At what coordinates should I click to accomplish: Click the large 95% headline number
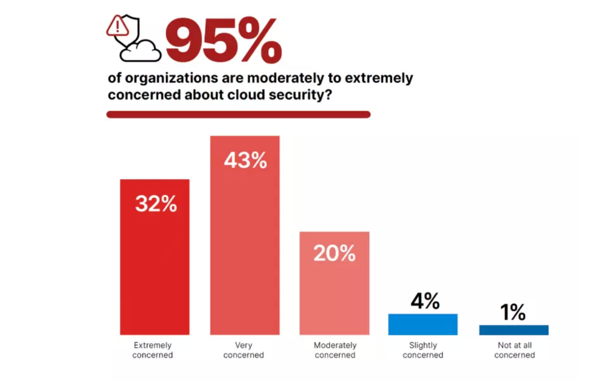[x=224, y=41]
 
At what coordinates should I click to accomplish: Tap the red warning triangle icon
[x=117, y=26]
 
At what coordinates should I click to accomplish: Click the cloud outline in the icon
[x=141, y=52]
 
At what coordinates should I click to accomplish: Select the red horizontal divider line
[x=238, y=115]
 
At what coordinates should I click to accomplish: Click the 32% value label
[x=156, y=204]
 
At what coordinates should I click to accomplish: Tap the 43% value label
[x=245, y=161]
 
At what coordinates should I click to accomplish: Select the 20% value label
[x=334, y=253]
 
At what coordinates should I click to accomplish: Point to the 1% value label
[x=513, y=312]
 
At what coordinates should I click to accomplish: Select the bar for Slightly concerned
[x=423, y=324]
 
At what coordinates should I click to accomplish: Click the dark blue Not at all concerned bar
[x=514, y=330]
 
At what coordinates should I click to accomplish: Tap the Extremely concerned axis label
[x=153, y=350]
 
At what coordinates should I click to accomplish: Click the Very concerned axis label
[x=243, y=350]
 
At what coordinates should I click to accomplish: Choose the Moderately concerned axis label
[x=335, y=350]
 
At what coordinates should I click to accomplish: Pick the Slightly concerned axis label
[x=423, y=350]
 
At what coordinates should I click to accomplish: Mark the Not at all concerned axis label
[x=514, y=350]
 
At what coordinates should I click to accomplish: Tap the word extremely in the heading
[x=379, y=78]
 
